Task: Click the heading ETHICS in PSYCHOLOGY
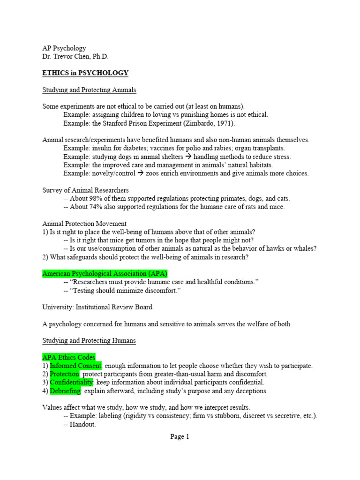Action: point(85,73)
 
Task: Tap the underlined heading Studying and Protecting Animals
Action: point(89,90)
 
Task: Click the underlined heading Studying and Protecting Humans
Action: point(89,341)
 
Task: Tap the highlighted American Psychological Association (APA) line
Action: point(105,273)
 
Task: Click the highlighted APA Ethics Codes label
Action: point(68,357)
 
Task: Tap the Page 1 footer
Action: point(180,436)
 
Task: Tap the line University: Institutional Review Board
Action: point(97,307)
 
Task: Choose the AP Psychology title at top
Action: point(64,48)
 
